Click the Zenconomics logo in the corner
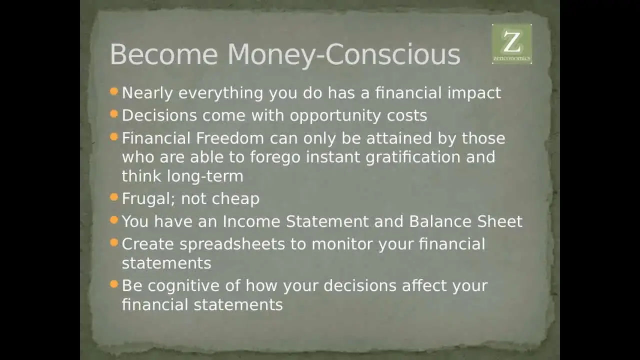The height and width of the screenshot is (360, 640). [x=511, y=43]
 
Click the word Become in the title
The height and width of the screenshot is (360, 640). [x=164, y=54]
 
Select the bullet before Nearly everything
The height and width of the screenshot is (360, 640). [x=113, y=91]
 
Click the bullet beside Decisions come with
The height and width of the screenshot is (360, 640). [x=113, y=114]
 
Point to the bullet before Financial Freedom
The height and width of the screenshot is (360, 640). [x=113, y=137]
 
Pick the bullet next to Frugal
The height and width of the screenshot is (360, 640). [x=113, y=197]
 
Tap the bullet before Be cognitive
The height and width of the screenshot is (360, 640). [x=113, y=284]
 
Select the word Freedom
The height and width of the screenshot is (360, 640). [x=230, y=138]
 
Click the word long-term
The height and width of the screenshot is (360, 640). [x=205, y=176]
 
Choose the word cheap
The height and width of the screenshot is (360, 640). [x=235, y=199]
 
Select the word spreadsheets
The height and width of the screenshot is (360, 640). [x=232, y=245]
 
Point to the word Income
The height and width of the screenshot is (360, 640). [x=251, y=221]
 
